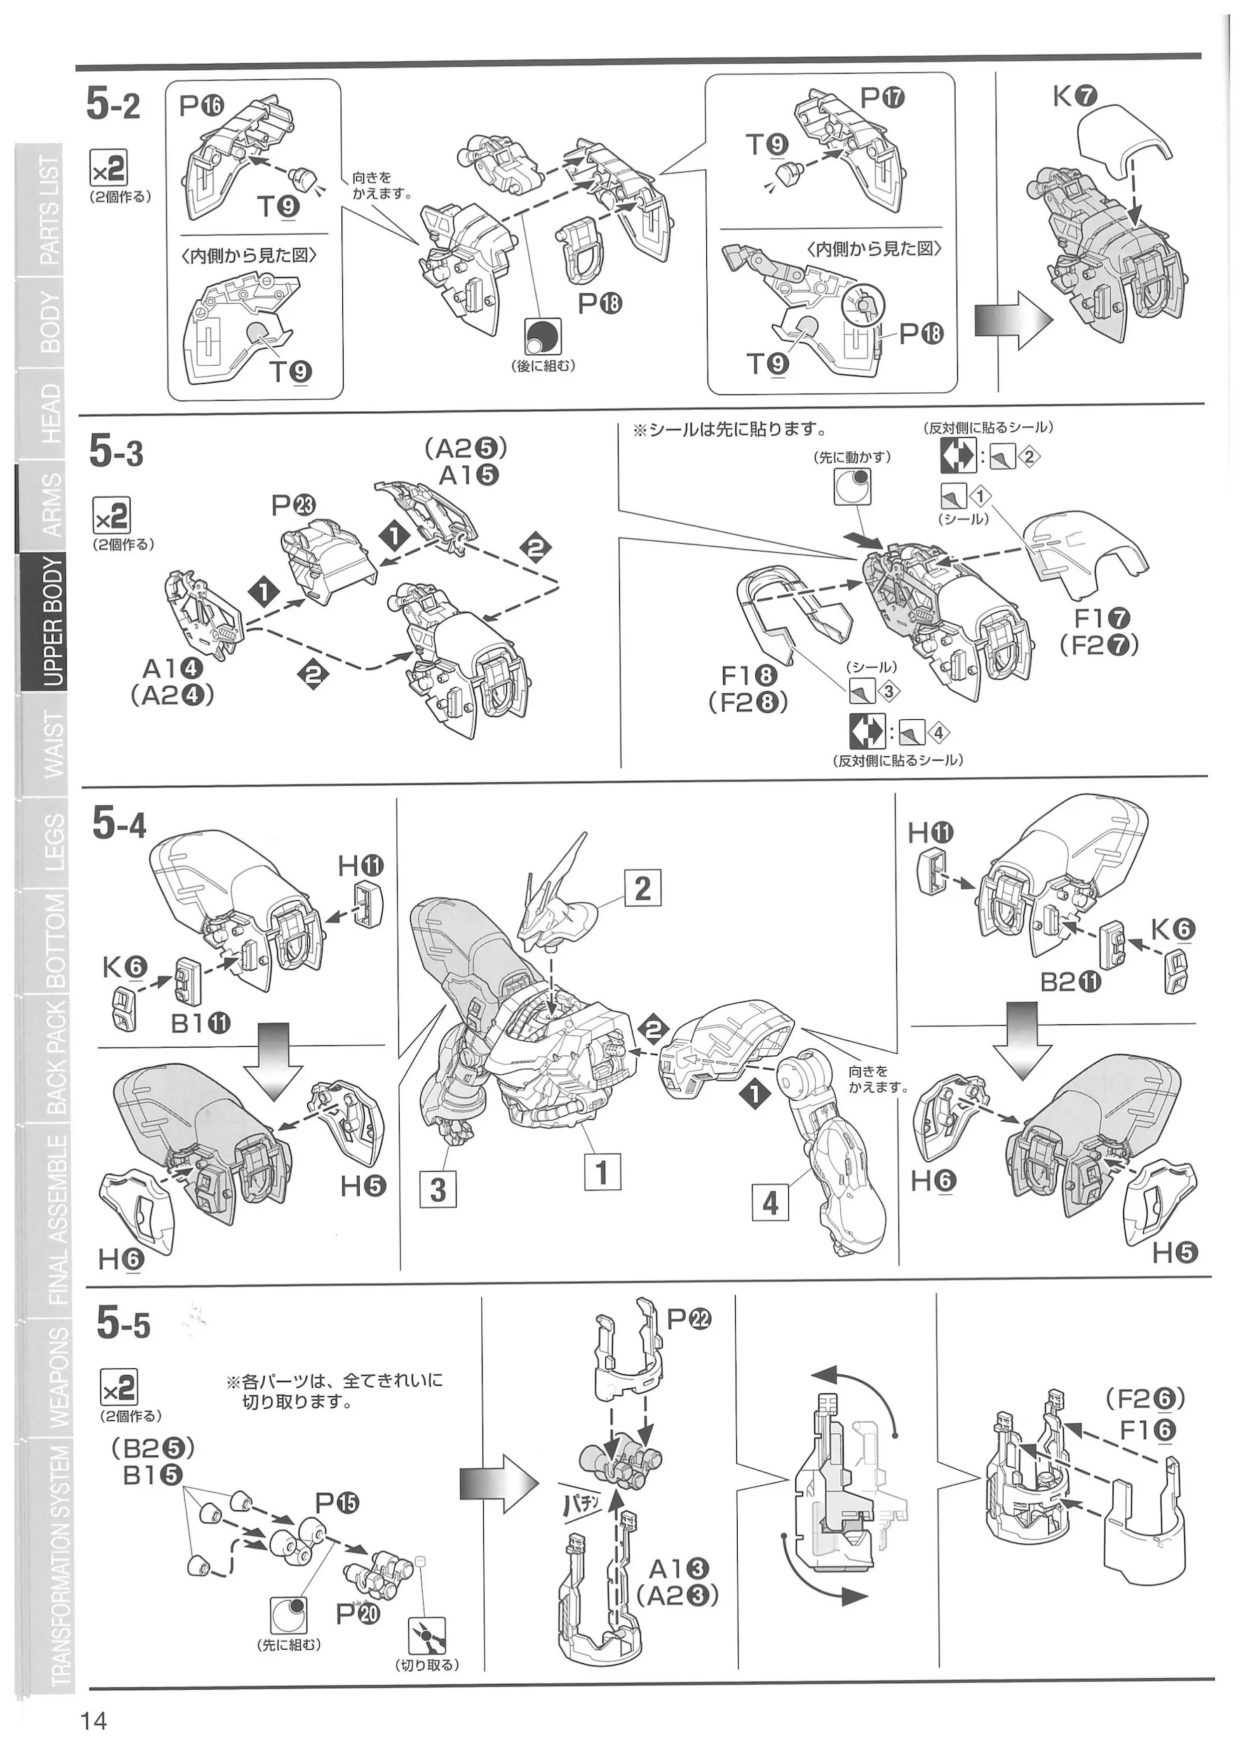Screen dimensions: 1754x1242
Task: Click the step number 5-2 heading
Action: click(113, 104)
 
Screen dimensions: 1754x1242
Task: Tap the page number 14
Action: click(93, 1721)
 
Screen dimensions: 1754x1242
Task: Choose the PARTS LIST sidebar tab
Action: click(48, 210)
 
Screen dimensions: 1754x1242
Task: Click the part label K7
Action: click(1074, 96)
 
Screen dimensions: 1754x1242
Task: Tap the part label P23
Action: click(293, 506)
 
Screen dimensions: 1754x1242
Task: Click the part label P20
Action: click(358, 1613)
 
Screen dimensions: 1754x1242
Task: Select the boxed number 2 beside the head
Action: click(642, 888)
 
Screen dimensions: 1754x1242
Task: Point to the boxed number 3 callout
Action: click(438, 1189)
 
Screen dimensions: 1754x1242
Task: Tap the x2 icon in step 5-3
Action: click(111, 516)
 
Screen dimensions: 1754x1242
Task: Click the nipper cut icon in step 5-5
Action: click(427, 1635)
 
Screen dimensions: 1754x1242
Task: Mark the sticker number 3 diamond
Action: click(888, 692)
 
